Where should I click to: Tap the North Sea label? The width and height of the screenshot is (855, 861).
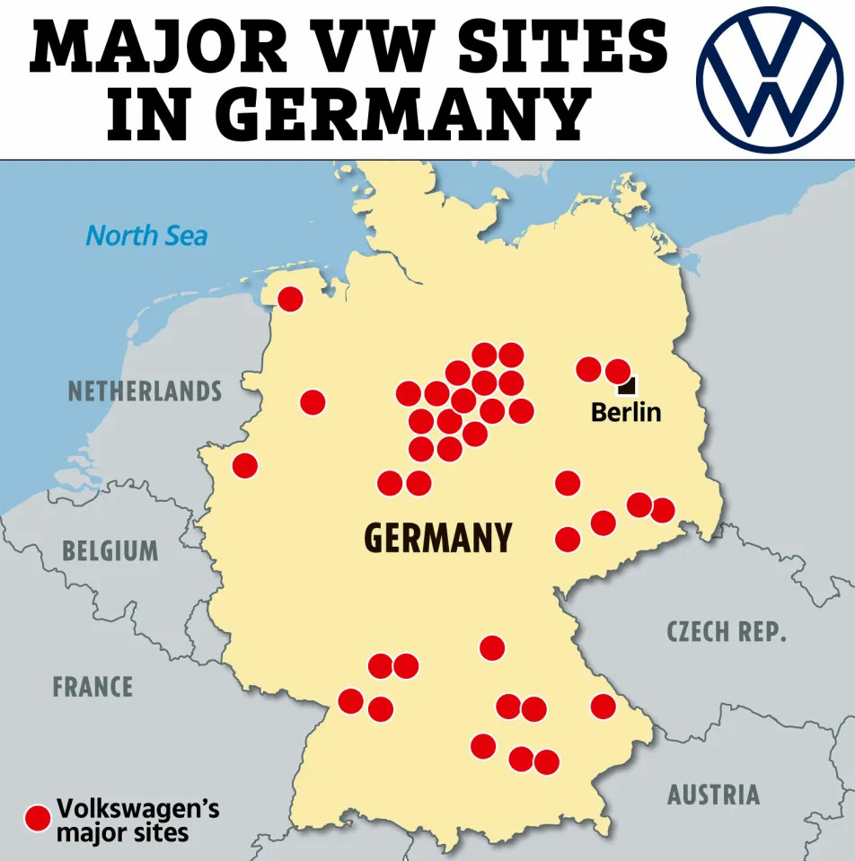(146, 236)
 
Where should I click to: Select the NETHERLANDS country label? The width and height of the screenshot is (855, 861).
(145, 391)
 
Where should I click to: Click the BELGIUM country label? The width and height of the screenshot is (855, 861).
(110, 549)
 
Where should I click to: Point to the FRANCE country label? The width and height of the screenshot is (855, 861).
(93, 687)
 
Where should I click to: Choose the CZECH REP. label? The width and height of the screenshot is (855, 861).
(727, 631)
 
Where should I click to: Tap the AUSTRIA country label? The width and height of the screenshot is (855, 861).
(713, 795)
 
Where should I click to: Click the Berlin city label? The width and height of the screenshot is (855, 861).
(625, 412)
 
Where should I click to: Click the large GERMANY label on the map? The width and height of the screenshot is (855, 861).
(437, 538)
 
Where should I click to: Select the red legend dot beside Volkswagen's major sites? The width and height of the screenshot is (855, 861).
(38, 818)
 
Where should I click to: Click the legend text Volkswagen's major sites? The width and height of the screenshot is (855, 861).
(137, 820)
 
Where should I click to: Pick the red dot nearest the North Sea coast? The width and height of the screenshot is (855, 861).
(290, 299)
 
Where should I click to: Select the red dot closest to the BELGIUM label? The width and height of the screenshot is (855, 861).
(244, 466)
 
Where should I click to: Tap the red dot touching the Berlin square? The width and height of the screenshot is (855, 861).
(618, 371)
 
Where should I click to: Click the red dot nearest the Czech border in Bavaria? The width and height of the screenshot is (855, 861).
(603, 707)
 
